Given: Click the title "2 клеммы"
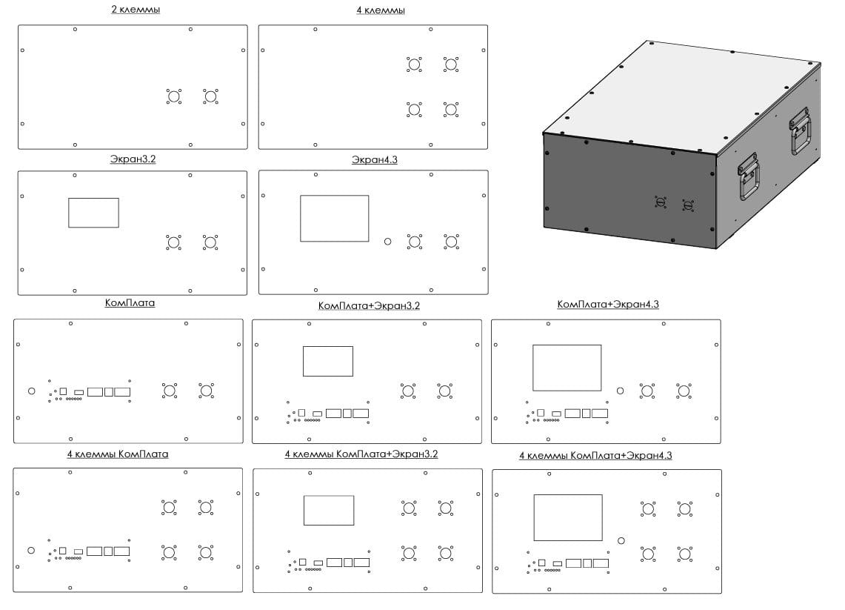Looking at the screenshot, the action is tap(136, 10).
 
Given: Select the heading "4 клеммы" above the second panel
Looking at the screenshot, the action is tap(381, 10).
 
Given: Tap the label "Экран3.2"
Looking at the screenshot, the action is tap(133, 159).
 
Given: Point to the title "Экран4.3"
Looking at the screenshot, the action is tap(374, 159).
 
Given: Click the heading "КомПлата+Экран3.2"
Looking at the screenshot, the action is tap(369, 306).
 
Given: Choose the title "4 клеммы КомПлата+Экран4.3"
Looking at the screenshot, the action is tap(595, 456).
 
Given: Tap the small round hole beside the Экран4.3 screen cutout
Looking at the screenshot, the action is tap(387, 242).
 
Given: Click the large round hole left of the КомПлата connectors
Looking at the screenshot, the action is tap(31, 391).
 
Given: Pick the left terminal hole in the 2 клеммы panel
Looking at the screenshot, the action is tap(173, 96).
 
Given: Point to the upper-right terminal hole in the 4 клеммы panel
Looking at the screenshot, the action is tap(451, 64).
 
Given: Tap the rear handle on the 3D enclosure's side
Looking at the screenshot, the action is tap(801, 131).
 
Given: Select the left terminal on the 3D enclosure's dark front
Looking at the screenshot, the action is tap(660, 202).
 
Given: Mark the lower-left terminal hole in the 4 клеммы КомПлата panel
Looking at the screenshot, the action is tap(169, 552).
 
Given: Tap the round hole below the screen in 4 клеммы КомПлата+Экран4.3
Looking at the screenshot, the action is tap(621, 540).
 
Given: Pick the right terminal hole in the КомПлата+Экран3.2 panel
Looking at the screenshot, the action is tap(444, 391).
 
